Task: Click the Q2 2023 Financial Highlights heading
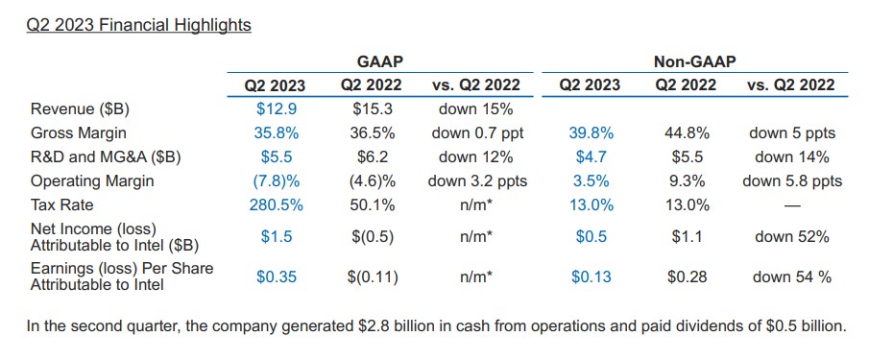(x=138, y=26)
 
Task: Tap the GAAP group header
(x=379, y=62)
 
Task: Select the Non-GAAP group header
(x=695, y=62)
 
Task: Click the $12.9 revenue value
(x=277, y=109)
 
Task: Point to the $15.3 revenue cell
(x=373, y=109)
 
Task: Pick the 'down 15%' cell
(x=475, y=109)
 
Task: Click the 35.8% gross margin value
(x=277, y=133)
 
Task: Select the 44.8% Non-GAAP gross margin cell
(x=688, y=133)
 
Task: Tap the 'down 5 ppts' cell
(x=792, y=133)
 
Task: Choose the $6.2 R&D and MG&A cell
(x=373, y=157)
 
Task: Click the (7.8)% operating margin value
(x=277, y=181)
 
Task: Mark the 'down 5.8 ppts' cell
(x=792, y=181)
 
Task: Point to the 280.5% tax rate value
(x=277, y=204)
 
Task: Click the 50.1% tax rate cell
(x=373, y=204)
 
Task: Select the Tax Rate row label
(x=62, y=204)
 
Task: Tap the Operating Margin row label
(x=92, y=181)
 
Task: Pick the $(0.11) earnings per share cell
(x=373, y=276)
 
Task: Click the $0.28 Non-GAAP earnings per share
(x=688, y=276)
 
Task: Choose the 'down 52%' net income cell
(x=792, y=237)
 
